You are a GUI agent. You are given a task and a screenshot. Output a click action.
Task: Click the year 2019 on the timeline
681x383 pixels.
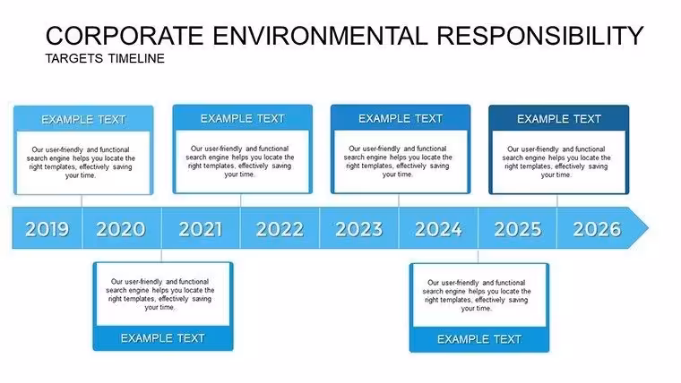47,229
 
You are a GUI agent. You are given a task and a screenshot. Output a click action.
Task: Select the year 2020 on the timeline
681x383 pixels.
121,229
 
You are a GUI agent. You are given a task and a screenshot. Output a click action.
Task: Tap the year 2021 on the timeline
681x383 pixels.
200,229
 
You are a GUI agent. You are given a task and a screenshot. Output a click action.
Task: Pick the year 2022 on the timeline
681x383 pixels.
280,229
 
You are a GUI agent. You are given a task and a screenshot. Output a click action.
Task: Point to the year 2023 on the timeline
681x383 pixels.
359,229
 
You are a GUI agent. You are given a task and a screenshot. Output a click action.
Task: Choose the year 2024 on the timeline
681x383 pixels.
438,229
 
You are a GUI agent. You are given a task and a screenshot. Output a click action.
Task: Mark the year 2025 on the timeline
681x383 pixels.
518,229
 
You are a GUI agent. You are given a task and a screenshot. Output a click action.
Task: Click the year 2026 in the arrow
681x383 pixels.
597,229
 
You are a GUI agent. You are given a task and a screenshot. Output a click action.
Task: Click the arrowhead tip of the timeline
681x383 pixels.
648,227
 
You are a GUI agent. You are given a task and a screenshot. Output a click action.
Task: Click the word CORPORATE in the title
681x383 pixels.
125,36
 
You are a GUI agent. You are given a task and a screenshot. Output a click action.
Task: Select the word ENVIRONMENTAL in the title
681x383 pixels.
321,36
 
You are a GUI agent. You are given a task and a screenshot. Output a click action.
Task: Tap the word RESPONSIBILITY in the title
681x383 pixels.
539,36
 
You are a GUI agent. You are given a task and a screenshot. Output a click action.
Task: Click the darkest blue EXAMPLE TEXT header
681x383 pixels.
559,119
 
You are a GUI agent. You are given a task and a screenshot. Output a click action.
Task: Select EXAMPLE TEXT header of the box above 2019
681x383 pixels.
83,120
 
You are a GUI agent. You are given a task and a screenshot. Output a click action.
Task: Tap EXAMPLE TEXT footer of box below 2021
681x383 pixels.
163,338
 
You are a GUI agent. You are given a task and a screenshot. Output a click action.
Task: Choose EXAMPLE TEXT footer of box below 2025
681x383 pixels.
479,339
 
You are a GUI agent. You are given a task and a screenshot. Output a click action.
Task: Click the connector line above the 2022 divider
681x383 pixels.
241,200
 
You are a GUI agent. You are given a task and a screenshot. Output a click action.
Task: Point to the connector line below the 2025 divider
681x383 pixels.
478,256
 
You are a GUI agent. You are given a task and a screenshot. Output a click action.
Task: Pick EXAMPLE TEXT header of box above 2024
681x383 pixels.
401,118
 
